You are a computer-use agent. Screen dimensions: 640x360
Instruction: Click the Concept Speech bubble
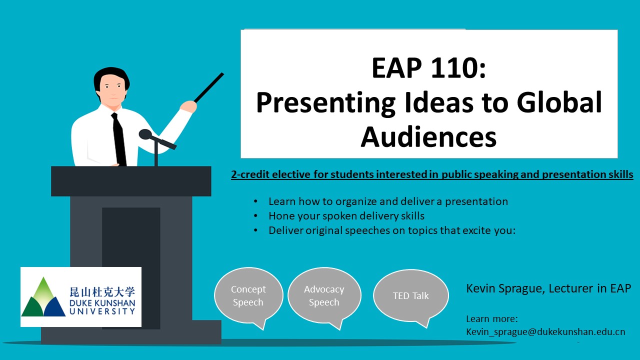pyautogui.click(x=248, y=295)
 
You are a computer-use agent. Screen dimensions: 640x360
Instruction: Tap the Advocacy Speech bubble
pyautogui.click(x=324, y=295)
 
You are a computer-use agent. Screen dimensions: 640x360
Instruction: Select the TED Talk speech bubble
pyautogui.click(x=411, y=295)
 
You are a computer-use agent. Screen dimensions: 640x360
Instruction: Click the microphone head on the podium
pyautogui.click(x=145, y=134)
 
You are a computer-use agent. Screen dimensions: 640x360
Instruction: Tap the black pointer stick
pyautogui.click(x=209, y=87)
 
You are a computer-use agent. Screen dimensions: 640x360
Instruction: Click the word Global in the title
pyautogui.click(x=559, y=102)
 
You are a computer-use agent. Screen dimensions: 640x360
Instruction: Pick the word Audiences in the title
pyautogui.click(x=428, y=137)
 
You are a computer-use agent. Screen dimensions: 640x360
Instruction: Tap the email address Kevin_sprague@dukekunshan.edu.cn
pyautogui.click(x=545, y=332)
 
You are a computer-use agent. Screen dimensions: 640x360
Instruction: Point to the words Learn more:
pyautogui.click(x=492, y=318)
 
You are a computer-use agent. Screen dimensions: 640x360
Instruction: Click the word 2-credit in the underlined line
pyautogui.click(x=250, y=174)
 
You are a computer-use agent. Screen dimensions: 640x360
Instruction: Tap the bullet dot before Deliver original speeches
pyautogui.click(x=255, y=230)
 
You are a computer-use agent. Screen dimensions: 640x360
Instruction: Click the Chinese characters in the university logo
pyautogui.click(x=102, y=292)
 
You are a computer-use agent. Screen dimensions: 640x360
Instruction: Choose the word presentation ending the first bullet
pyautogui.click(x=476, y=202)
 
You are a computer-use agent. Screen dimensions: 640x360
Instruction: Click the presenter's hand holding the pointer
pyautogui.click(x=188, y=107)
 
